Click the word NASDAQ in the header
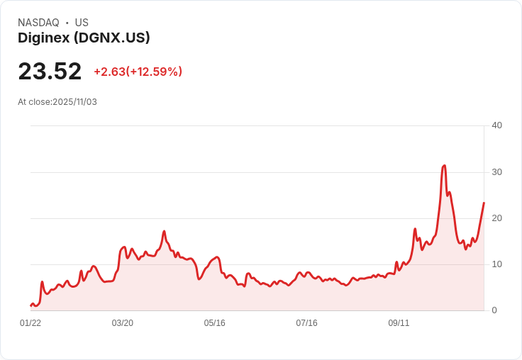38,23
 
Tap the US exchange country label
82,23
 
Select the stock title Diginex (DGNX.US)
84,38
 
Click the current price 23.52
50,72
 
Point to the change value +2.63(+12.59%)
138,72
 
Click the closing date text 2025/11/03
74,102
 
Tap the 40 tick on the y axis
496,125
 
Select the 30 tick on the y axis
496,172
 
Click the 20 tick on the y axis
496,218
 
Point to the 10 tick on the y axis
496,264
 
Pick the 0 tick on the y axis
494,310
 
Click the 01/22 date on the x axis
30,323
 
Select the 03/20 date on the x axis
122,323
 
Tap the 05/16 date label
214,323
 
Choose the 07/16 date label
306,323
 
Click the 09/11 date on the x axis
399,323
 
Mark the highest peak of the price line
444,165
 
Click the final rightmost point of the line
484,203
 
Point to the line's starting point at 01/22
30,305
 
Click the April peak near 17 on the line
164,231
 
